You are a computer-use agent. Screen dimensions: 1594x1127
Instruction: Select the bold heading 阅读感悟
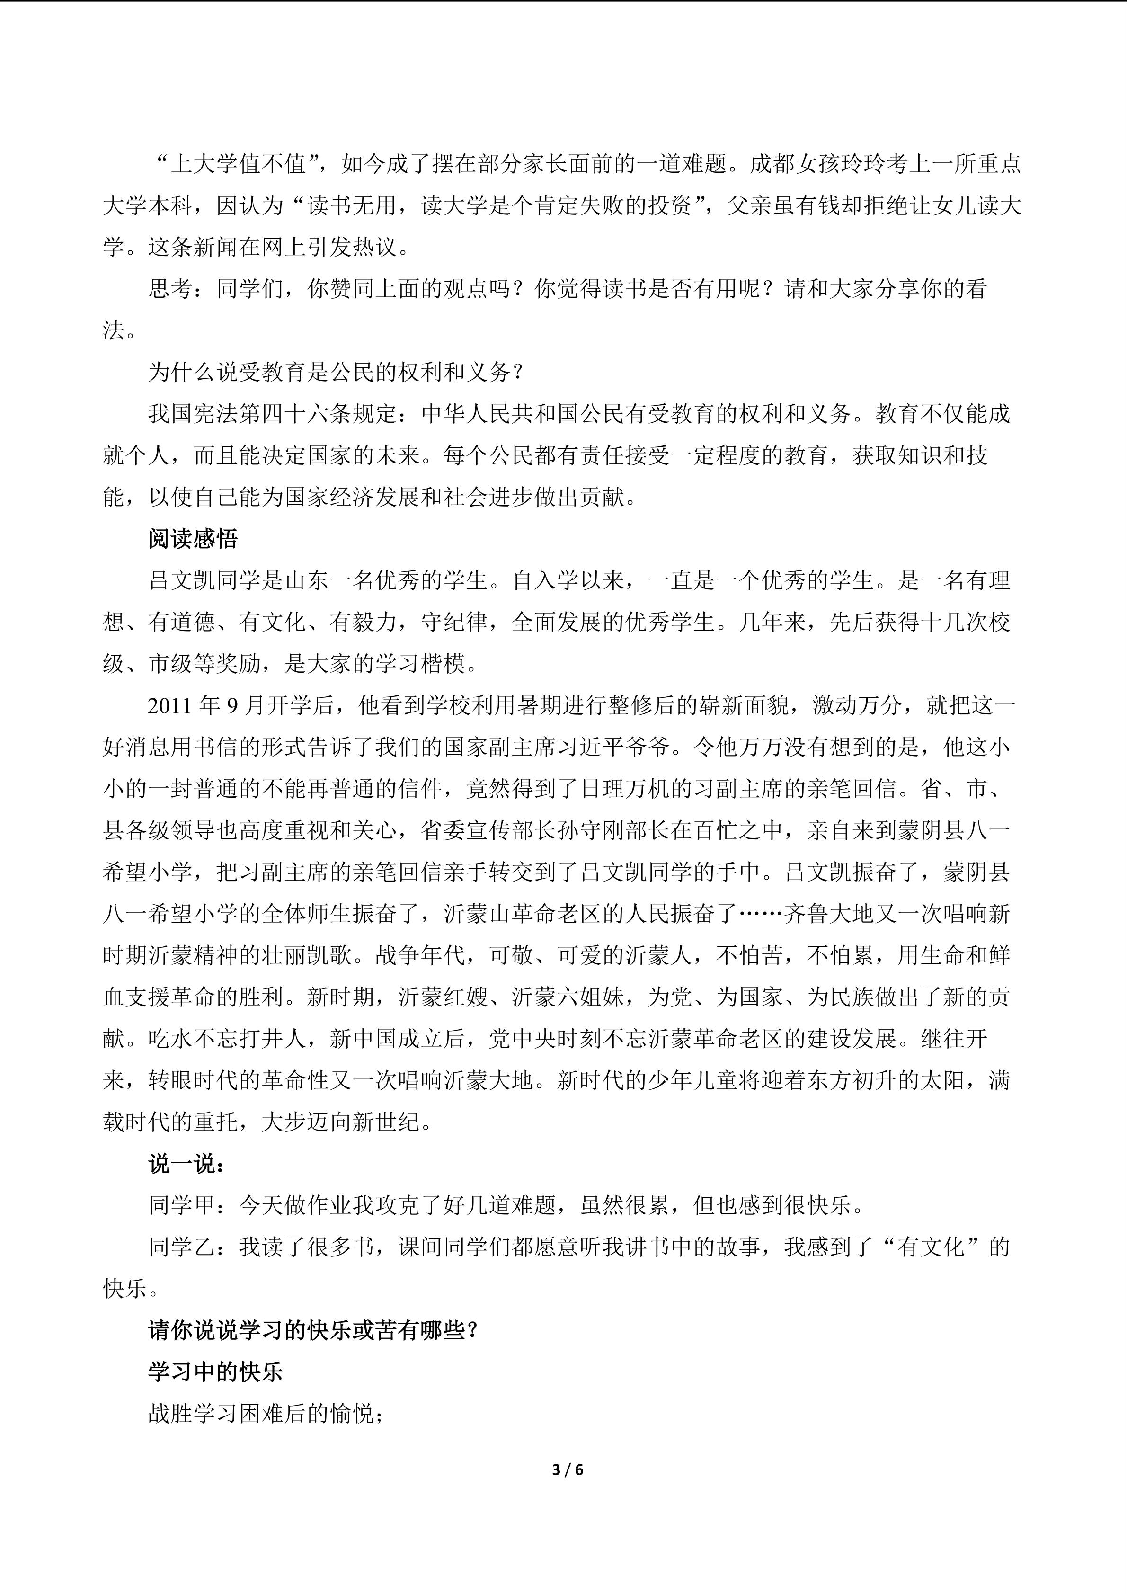[193, 539]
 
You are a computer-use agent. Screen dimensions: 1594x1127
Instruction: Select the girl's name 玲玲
[864, 165]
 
